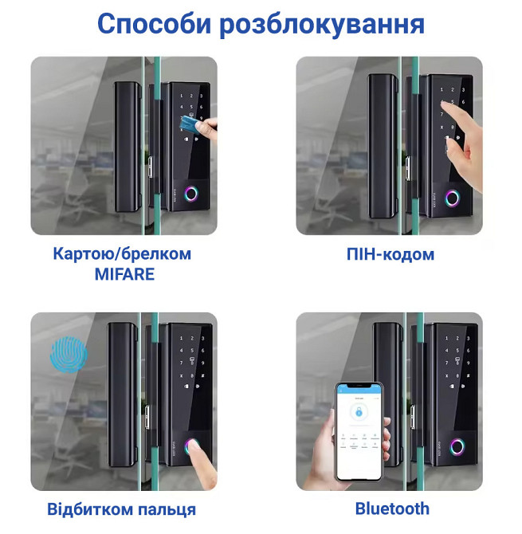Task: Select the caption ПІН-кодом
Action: [x=391, y=254]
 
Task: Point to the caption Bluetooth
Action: [x=391, y=508]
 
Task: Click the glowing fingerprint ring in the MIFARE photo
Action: [x=192, y=194]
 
